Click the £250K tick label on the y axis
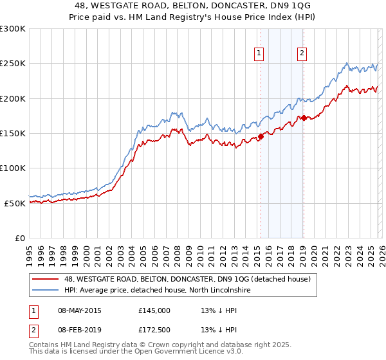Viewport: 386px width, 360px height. (13, 64)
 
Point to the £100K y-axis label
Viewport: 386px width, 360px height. (13, 168)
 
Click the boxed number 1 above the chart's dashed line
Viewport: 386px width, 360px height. (259, 54)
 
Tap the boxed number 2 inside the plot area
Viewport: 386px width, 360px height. (302, 54)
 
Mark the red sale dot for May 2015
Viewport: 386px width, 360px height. (261, 136)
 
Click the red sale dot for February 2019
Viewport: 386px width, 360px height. (303, 118)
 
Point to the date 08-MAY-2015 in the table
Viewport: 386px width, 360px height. (80, 310)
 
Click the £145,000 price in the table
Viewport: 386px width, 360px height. (154, 310)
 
